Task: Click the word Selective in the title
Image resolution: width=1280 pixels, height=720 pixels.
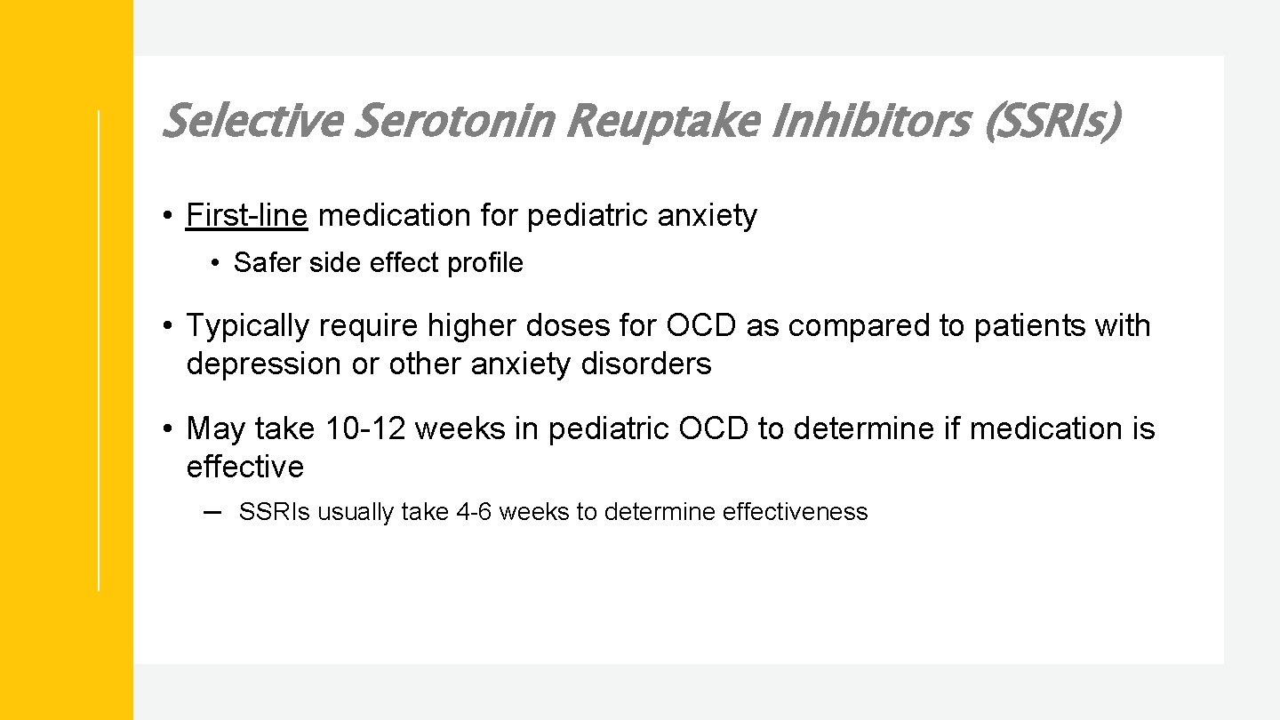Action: pos(252,122)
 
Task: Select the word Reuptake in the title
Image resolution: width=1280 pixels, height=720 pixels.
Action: pos(662,122)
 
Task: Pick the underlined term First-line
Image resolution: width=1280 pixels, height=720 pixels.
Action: pos(246,216)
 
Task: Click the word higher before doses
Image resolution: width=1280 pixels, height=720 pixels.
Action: pos(472,326)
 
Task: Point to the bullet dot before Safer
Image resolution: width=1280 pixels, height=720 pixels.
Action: pos(215,264)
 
